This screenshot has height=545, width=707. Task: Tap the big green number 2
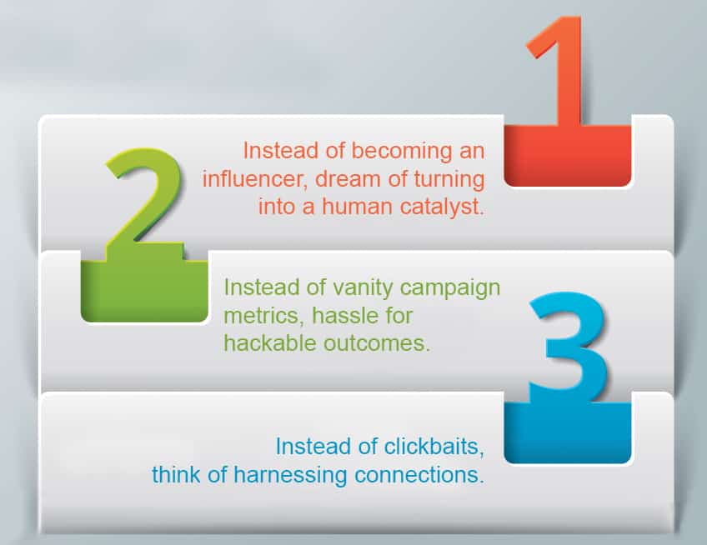point(144,202)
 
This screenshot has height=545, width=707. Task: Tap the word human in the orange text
point(357,207)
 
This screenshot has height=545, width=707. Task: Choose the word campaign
point(450,288)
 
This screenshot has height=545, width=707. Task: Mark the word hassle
point(343,315)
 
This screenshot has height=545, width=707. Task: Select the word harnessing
point(290,475)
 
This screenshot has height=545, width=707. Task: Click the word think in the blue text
point(176,475)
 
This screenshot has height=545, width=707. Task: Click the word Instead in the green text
point(262,287)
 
